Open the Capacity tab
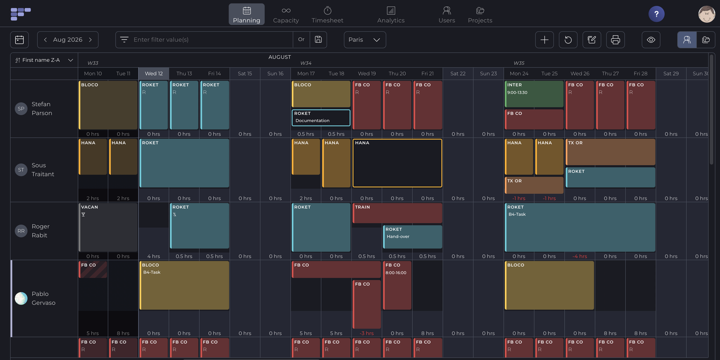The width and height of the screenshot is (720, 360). click(286, 14)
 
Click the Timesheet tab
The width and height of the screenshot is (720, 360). click(327, 14)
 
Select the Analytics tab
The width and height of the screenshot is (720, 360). click(391, 14)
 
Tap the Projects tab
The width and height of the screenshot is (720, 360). click(480, 14)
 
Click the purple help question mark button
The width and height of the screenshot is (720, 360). click(657, 14)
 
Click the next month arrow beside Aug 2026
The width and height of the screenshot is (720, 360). click(90, 40)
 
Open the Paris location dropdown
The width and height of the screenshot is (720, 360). click(365, 40)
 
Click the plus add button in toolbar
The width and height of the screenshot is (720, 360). click(544, 40)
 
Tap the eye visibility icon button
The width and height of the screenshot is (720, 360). click(651, 40)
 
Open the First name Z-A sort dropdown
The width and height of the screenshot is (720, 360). click(44, 60)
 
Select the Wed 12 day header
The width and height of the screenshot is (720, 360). click(153, 74)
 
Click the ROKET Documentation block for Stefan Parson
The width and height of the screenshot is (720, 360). click(321, 117)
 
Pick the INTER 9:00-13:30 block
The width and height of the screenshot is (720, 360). click(534, 94)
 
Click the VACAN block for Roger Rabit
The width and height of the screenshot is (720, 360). click(108, 227)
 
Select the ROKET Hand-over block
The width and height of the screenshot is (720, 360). click(412, 237)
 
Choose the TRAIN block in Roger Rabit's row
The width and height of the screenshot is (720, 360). click(397, 213)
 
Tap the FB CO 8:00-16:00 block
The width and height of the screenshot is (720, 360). click(397, 285)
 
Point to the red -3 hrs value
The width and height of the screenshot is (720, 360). click(366, 333)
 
